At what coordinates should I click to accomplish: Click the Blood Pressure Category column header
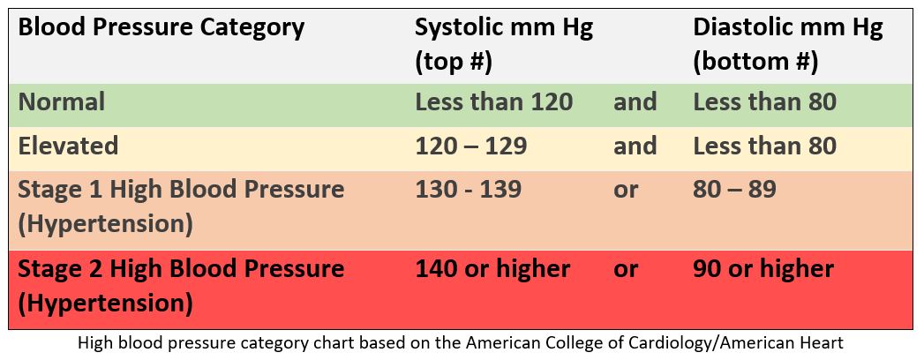tap(162, 27)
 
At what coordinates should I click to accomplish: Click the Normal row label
tap(62, 102)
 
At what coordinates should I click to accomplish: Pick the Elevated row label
tap(68, 146)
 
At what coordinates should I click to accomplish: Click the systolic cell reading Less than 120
tap(493, 102)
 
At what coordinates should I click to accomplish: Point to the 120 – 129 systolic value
tap(470, 146)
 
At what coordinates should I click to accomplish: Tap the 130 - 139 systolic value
tap(468, 189)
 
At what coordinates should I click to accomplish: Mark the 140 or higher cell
tap(492, 268)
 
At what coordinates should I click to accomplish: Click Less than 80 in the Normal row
tap(764, 102)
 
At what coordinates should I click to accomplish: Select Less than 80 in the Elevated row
tap(764, 146)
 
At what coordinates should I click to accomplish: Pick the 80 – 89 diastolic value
tap(734, 189)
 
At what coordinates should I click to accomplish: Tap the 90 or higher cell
tap(763, 268)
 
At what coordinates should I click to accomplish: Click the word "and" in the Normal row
tap(635, 102)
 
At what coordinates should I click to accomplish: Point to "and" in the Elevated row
tap(635, 146)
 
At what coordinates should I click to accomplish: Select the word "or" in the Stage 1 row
tap(625, 189)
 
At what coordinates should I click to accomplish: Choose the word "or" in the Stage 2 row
tap(625, 268)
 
